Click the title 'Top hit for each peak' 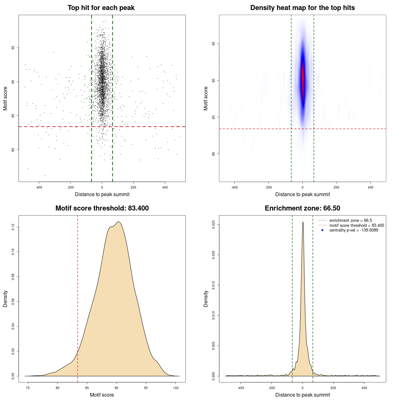[101, 8]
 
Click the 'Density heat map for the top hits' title [302, 8]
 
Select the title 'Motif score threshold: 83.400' [102, 208]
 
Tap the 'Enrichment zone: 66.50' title [302, 208]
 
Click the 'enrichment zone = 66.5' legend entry [351, 221]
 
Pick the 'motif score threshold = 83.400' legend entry [357, 226]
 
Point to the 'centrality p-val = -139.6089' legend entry [354, 230]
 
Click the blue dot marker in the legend [322, 230]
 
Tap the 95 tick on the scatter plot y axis [13, 48]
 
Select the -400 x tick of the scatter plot [39, 187]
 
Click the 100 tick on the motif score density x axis [176, 388]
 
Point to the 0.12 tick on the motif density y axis [13, 227]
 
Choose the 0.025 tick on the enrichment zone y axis [214, 225]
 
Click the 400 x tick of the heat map [371, 187]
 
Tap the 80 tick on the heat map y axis [214, 154]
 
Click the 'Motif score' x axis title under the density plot [102, 395]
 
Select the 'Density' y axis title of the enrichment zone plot [206, 299]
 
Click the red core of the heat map [303, 77]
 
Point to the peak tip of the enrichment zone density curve [303, 222]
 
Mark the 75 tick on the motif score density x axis [28, 388]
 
